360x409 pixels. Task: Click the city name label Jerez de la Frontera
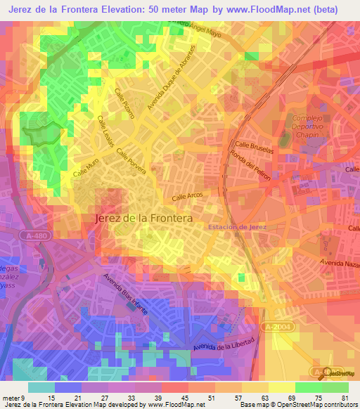tap(143, 219)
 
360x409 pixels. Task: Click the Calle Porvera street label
tap(131, 159)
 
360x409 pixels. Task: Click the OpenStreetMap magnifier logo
tap(326, 372)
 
